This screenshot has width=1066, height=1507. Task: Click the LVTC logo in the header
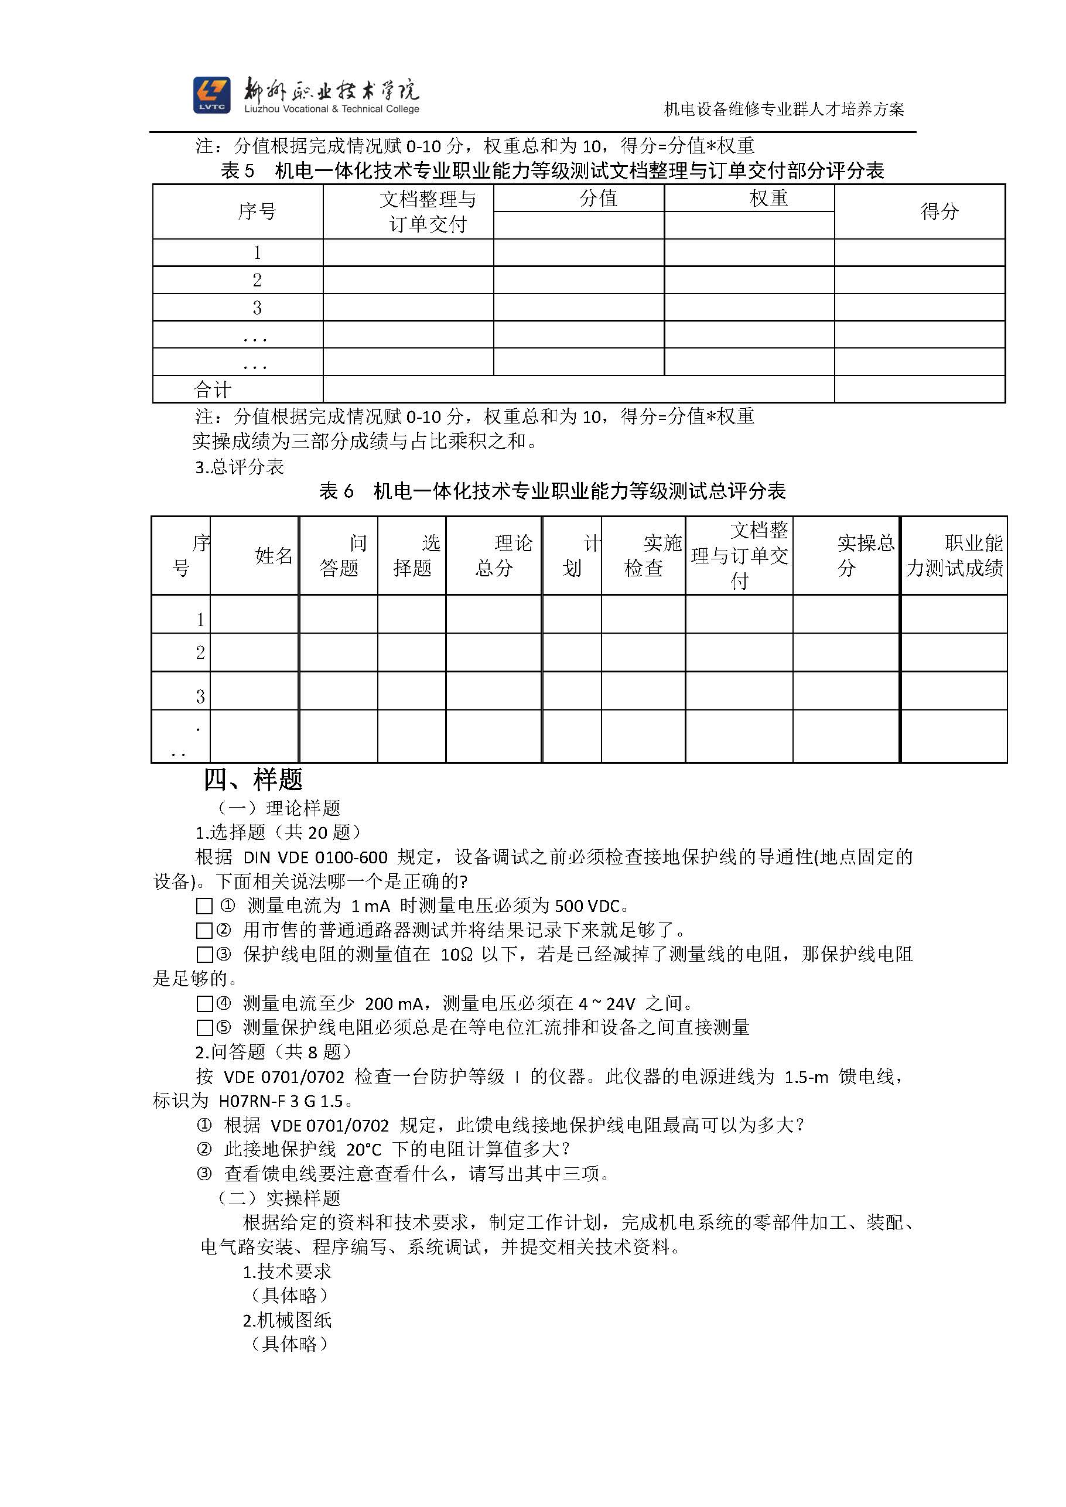click(x=211, y=95)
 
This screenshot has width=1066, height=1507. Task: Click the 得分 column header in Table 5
click(x=939, y=211)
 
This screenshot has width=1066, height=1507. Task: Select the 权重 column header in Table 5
click(x=768, y=198)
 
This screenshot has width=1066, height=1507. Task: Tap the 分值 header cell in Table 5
click(x=598, y=198)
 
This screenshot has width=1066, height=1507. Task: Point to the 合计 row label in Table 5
click(x=212, y=390)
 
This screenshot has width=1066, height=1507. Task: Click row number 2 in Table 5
click(x=257, y=281)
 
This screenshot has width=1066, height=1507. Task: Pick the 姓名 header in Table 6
click(x=274, y=556)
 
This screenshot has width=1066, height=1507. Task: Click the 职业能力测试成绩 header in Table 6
click(x=954, y=555)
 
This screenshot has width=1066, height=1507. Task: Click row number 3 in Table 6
click(x=200, y=696)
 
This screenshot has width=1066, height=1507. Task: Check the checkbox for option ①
click(x=204, y=907)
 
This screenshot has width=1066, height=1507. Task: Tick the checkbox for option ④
click(x=204, y=1003)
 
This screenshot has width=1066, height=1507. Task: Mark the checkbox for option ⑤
click(x=204, y=1028)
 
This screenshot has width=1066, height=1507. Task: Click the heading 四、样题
click(x=252, y=780)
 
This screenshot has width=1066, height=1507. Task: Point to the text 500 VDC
click(x=587, y=907)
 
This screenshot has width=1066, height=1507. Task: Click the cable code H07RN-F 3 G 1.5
click(x=281, y=1101)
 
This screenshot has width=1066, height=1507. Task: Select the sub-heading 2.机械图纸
click(x=287, y=1320)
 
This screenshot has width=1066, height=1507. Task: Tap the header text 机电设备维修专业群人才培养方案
click(x=784, y=109)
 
